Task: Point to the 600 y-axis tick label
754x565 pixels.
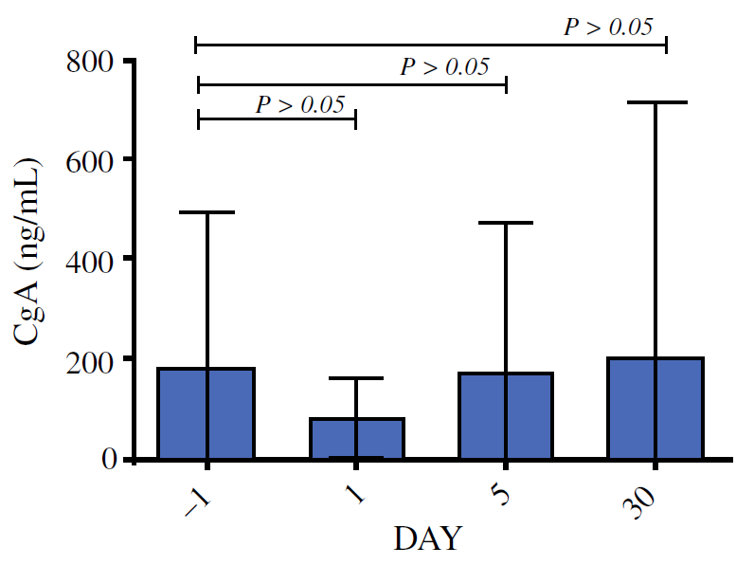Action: pyautogui.click(x=93, y=160)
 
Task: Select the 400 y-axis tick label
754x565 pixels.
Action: pyautogui.click(x=93, y=259)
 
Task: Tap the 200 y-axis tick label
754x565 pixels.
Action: pyautogui.click(x=93, y=359)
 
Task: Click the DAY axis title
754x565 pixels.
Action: pyautogui.click(x=427, y=539)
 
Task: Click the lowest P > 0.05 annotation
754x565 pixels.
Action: pyautogui.click(x=299, y=103)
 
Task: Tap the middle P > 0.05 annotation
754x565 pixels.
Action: pyautogui.click(x=444, y=67)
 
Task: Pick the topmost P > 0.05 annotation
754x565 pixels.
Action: pyautogui.click(x=608, y=27)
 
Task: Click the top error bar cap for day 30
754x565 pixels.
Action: pyautogui.click(x=656, y=101)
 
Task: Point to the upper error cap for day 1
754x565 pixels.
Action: pyautogui.click(x=356, y=378)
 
